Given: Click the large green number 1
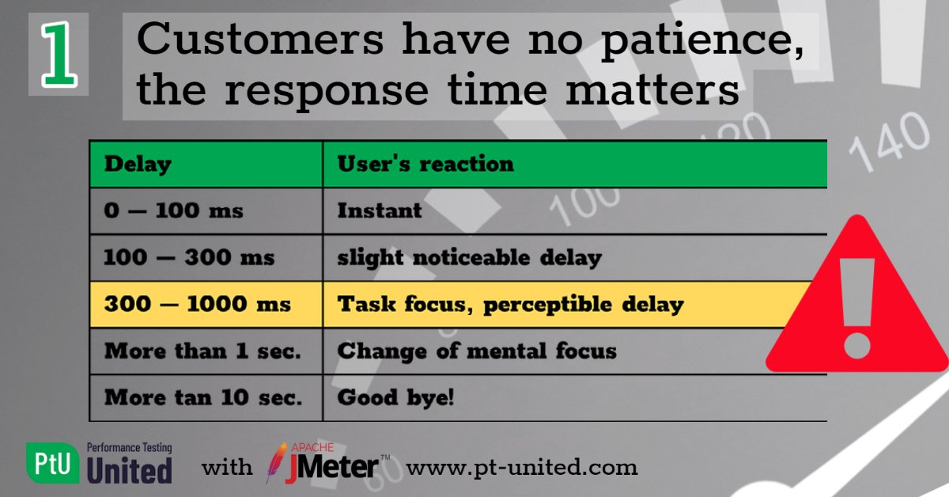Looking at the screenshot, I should pyautogui.click(x=59, y=54).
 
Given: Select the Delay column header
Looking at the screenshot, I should pyautogui.click(x=138, y=165).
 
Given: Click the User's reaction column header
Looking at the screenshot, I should pyautogui.click(x=425, y=164).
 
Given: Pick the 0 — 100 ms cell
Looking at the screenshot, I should pyautogui.click(x=173, y=211).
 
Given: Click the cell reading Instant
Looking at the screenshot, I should pyautogui.click(x=380, y=211).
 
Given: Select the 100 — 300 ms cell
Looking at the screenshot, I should pyautogui.click(x=189, y=257).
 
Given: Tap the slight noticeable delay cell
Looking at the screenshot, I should pyautogui.click(x=469, y=257).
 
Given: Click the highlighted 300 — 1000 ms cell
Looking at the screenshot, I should pyautogui.click(x=198, y=304).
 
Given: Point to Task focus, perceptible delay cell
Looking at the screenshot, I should pyautogui.click(x=510, y=304).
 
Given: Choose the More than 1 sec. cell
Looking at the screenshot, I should pyautogui.click(x=203, y=351).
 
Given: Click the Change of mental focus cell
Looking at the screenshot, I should pyautogui.click(x=477, y=351).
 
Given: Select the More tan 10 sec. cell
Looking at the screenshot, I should pyautogui.click(x=203, y=397).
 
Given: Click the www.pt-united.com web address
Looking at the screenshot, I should pyautogui.click(x=521, y=467).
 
